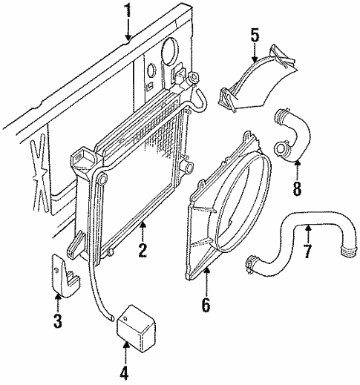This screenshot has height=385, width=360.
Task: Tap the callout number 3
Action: click(58, 323)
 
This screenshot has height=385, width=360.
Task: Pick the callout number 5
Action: click(254, 34)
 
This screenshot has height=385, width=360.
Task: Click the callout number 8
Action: click(297, 188)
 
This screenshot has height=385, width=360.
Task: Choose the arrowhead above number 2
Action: click(143, 223)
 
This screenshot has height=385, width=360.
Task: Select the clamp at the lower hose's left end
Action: click(255, 261)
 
